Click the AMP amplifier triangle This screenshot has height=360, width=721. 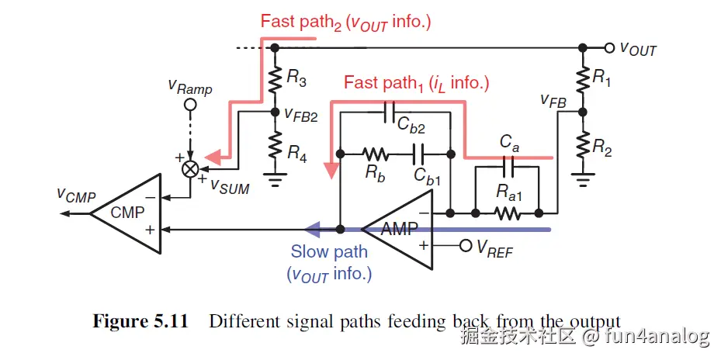pyautogui.click(x=395, y=228)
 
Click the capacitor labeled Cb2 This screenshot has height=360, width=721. pyautogui.click(x=390, y=111)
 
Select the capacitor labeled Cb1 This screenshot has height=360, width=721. pyautogui.click(x=418, y=151)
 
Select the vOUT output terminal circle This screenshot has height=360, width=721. pyautogui.click(x=610, y=47)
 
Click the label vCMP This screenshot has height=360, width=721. pyautogui.click(x=75, y=195)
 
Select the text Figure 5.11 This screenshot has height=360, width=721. pyautogui.click(x=140, y=322)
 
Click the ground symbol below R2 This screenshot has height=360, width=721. pyautogui.click(x=581, y=180)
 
